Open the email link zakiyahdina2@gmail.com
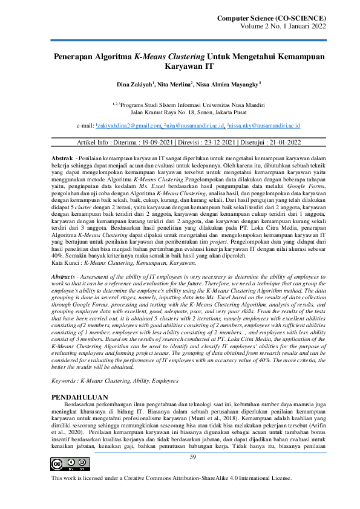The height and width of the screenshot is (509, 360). [128, 126]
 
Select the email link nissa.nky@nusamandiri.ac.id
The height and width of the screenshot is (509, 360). [266, 126]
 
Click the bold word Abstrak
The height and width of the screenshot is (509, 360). [62, 157]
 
